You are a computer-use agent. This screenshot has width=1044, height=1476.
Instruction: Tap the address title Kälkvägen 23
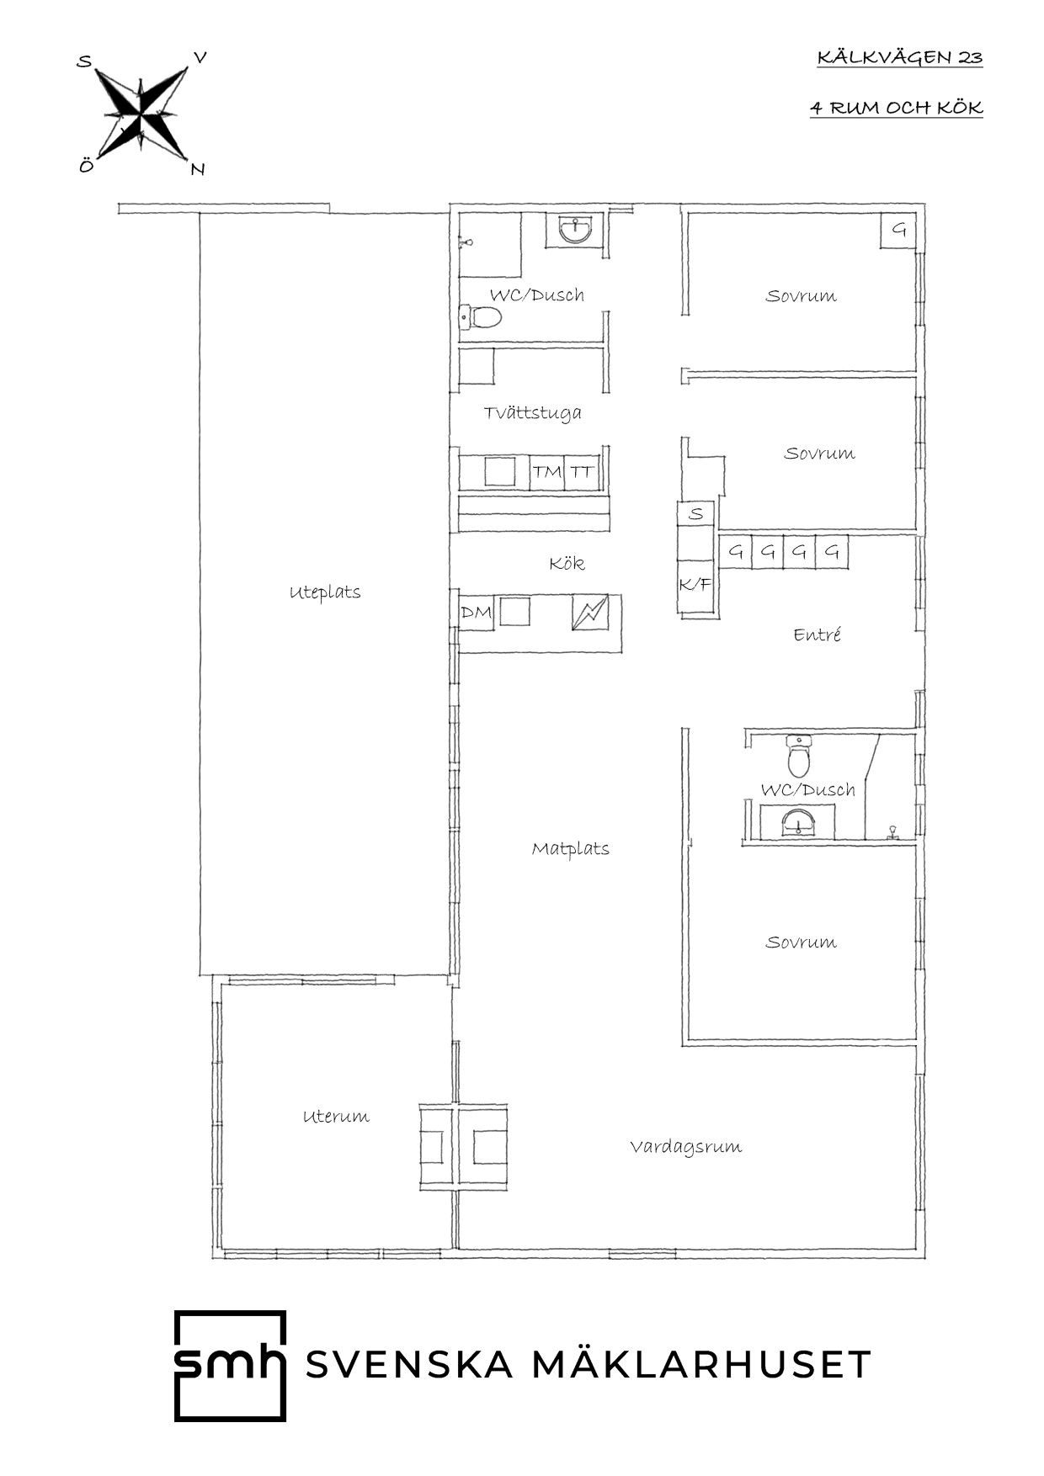click(899, 58)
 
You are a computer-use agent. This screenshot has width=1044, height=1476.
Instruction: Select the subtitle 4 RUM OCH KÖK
click(897, 109)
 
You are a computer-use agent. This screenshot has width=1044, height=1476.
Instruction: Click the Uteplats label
click(325, 592)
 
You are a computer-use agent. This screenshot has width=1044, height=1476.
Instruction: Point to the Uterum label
click(336, 1117)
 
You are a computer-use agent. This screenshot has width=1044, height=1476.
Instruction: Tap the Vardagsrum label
click(686, 1147)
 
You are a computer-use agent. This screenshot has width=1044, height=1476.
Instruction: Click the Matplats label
click(570, 848)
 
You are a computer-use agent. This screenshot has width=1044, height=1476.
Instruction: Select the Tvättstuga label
click(532, 413)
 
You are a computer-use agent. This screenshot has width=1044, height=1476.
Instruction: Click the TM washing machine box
click(546, 472)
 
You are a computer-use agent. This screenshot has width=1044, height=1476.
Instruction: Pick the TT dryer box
click(580, 472)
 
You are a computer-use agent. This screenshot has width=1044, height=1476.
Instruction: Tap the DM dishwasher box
click(476, 613)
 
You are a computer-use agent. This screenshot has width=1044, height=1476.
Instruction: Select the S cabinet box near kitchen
click(696, 513)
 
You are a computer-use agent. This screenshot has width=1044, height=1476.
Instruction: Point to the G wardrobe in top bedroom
click(899, 230)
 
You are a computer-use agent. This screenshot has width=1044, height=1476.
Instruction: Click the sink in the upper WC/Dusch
click(576, 228)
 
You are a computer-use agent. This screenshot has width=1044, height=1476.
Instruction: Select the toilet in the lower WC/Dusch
click(798, 756)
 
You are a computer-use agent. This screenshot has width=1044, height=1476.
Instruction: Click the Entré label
click(817, 635)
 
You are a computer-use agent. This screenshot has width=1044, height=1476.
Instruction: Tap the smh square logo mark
click(230, 1365)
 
